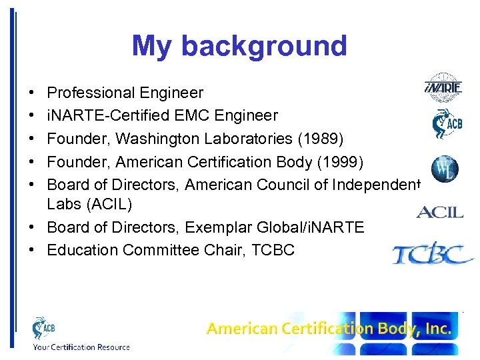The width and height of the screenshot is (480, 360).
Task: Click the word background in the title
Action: pyautogui.click(x=264, y=46)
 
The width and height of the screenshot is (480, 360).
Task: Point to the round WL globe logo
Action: pyautogui.click(x=444, y=169)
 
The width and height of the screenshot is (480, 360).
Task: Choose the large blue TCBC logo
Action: pyautogui.click(x=433, y=254)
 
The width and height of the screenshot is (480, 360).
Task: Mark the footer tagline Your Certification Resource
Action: pyautogui.click(x=81, y=347)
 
